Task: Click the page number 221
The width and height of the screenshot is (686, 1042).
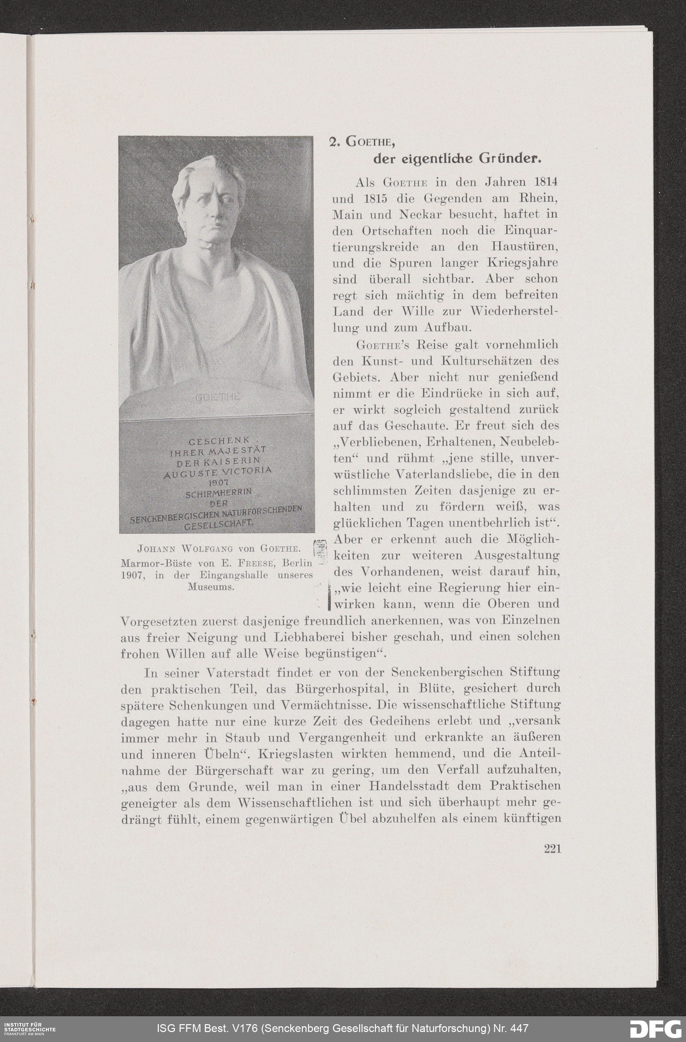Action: [x=552, y=848]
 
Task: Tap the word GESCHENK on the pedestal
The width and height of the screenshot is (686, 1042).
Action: [x=219, y=440]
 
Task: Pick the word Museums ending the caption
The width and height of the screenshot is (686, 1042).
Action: [x=211, y=587]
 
